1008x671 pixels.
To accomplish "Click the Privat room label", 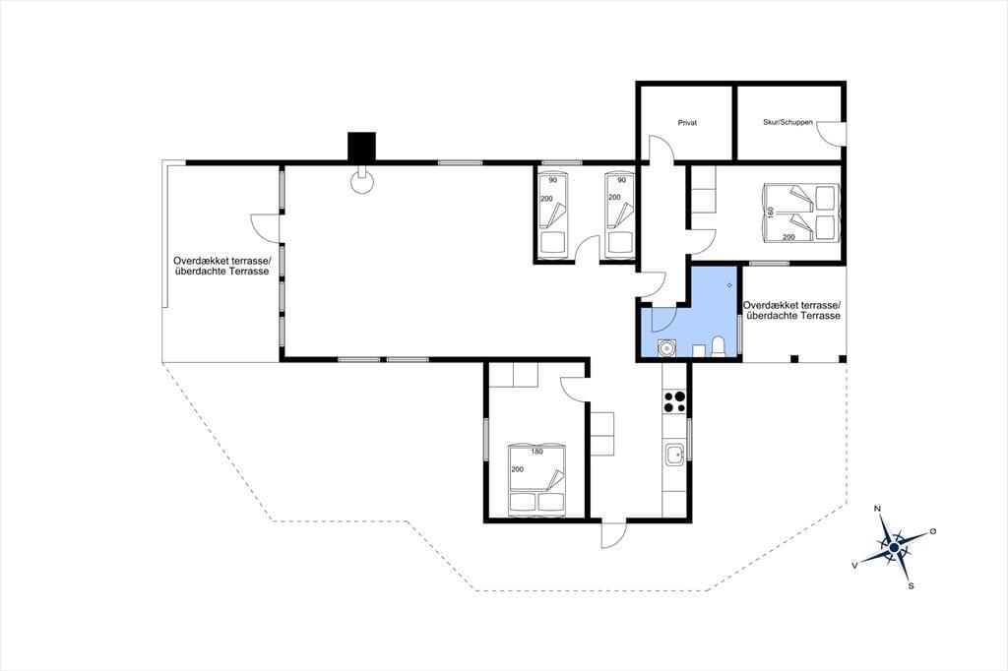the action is point(687,122).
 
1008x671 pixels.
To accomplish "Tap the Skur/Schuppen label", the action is point(787,121).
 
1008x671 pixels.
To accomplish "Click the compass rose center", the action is point(894,547).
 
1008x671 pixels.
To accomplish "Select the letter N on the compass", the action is point(877,509).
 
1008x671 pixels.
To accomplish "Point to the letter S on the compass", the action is point(911,585).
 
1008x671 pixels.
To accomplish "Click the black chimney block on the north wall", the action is point(361,146).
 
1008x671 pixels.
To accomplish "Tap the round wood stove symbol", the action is point(362,181).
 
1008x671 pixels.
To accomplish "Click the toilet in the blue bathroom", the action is point(719,346).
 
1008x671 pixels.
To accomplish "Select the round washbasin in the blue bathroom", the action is point(666,347).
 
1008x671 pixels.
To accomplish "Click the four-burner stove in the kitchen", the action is point(675,401).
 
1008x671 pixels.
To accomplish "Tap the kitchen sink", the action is point(675,455).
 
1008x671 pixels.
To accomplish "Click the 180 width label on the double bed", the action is point(536,452).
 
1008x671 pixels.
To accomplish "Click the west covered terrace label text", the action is point(222,266).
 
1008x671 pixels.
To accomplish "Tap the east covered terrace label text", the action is point(792,311).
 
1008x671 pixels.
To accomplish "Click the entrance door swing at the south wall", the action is point(614,533).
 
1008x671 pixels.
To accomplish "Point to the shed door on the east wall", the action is point(830,133).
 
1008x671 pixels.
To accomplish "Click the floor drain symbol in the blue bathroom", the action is point(730,285).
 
